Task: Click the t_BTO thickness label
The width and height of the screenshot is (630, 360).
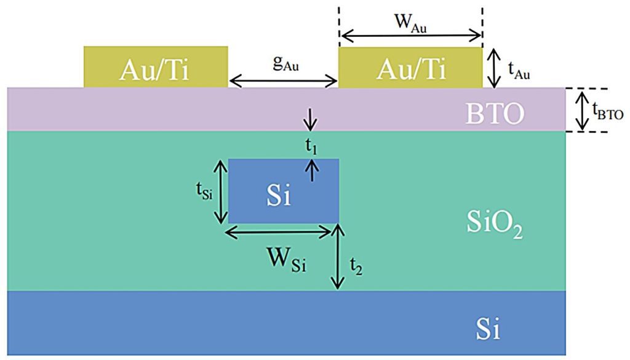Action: [608, 111]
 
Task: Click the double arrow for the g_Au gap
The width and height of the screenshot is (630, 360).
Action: [283, 81]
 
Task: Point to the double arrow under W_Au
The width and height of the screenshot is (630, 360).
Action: [410, 36]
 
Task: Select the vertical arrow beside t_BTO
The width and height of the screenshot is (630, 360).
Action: [581, 110]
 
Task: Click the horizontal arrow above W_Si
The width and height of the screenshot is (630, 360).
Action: [279, 231]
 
